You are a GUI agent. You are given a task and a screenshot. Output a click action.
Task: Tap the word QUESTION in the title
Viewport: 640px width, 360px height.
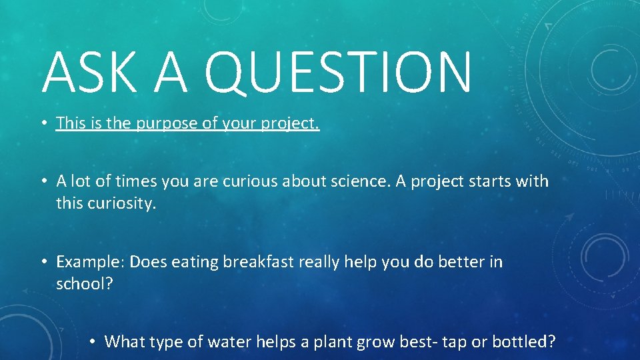[340, 73]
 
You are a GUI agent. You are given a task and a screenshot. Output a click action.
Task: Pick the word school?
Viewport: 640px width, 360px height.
[85, 284]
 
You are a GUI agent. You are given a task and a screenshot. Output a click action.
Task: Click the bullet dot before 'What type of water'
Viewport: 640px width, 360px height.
[93, 343]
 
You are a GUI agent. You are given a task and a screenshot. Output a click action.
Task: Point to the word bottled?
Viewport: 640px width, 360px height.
[523, 342]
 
